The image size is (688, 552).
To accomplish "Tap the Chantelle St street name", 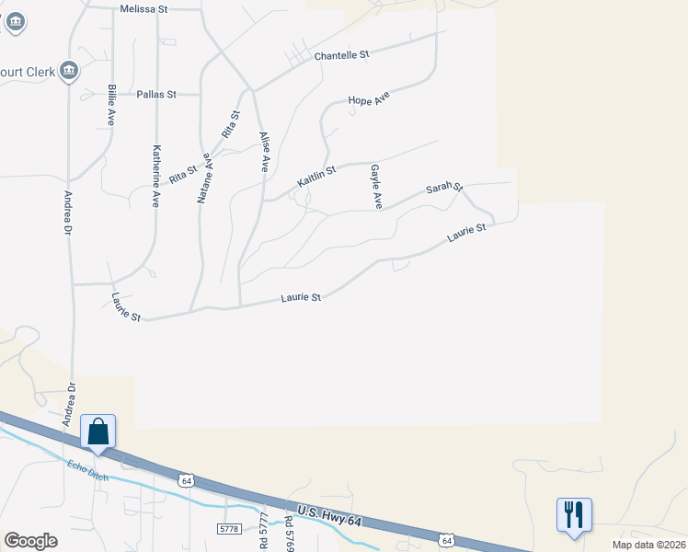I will click(341, 55).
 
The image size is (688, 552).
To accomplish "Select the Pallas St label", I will click(155, 94).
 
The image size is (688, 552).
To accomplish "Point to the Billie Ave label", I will click(111, 105).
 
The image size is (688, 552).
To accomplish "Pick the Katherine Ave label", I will click(156, 175).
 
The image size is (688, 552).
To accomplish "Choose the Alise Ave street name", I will click(264, 152).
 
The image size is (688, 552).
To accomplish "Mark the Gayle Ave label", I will click(375, 187).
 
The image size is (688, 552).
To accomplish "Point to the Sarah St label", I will click(443, 189).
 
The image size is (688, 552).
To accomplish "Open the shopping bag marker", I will click(98, 431).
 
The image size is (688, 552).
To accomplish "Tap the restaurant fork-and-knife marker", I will click(574, 514).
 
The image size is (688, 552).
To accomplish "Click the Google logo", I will click(30, 541).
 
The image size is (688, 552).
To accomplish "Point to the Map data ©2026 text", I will click(648, 545).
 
